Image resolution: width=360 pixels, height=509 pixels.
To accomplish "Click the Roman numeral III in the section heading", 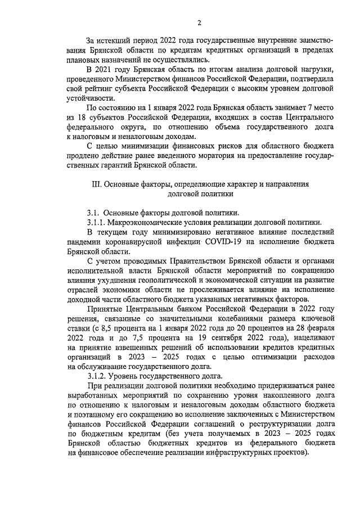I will click(x=95, y=183).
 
